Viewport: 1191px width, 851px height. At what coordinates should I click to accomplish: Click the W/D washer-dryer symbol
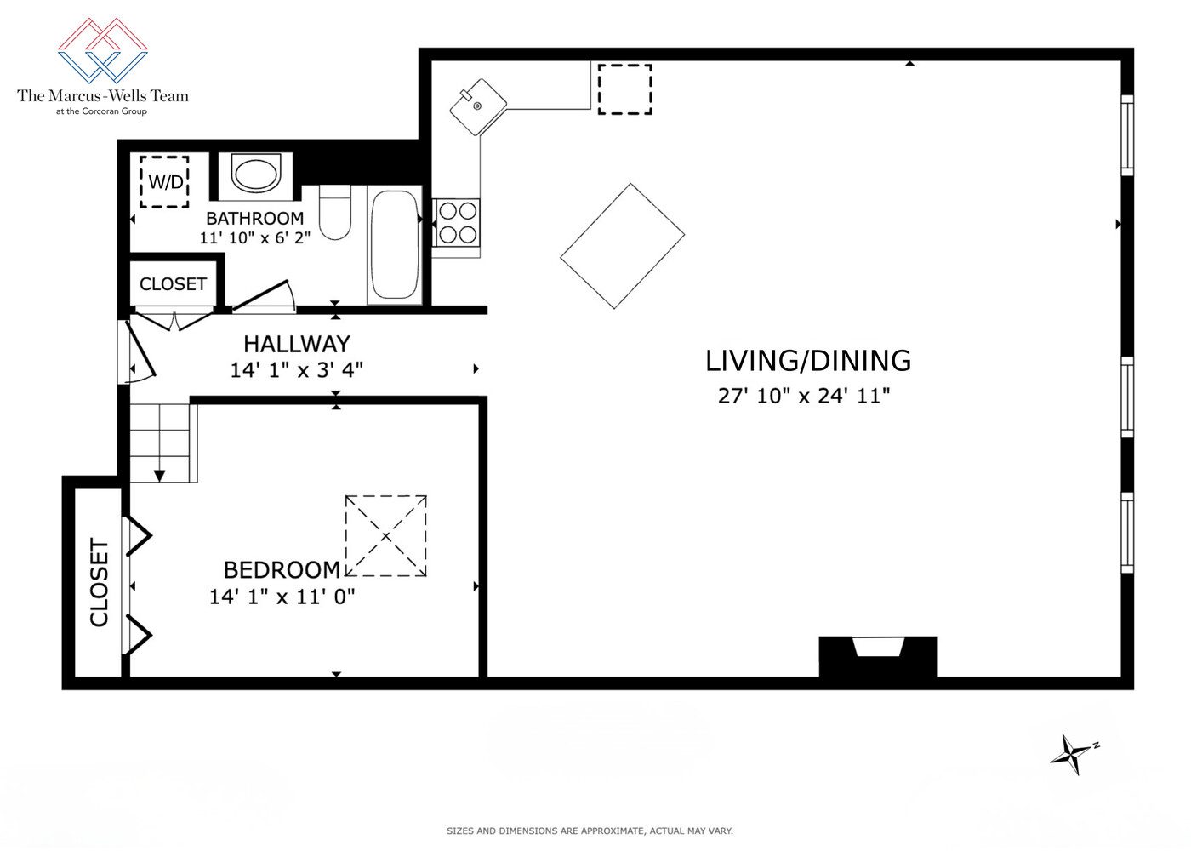click(164, 181)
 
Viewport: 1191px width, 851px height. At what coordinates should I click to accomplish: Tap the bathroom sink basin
click(256, 174)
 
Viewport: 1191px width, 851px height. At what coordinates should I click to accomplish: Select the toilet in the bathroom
click(334, 213)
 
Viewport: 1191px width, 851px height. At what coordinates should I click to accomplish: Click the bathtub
click(395, 244)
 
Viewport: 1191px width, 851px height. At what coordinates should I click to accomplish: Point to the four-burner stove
click(457, 222)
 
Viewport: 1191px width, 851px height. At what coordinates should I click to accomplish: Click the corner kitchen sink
click(477, 106)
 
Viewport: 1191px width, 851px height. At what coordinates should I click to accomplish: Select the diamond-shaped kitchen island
click(622, 246)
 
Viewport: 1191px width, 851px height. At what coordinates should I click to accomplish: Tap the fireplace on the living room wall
click(878, 655)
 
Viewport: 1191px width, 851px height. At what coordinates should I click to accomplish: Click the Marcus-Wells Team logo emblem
click(103, 50)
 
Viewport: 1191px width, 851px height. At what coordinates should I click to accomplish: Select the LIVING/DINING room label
click(807, 361)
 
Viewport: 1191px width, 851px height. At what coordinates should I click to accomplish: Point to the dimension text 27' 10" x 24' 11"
click(804, 396)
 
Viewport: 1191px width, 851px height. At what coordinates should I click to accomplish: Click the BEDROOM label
click(282, 569)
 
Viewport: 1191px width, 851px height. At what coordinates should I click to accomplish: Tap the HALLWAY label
click(296, 344)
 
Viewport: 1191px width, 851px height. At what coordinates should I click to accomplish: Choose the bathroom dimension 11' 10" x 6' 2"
click(254, 238)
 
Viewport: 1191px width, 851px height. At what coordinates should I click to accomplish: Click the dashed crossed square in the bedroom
click(385, 536)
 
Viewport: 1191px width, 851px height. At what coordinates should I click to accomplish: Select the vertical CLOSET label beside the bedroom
click(100, 582)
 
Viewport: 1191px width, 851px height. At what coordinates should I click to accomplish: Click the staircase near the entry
click(162, 443)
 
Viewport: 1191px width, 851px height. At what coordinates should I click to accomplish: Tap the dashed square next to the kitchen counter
click(624, 89)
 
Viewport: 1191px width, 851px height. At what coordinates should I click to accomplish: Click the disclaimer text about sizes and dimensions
click(590, 831)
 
